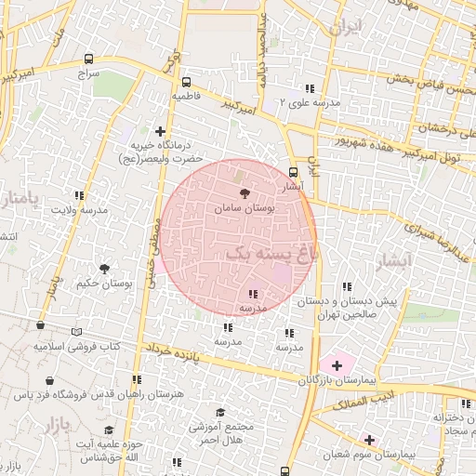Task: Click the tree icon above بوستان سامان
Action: (x=245, y=193)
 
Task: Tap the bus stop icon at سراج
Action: (x=88, y=58)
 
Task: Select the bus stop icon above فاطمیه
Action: (x=187, y=82)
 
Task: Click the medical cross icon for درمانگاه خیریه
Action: (x=161, y=131)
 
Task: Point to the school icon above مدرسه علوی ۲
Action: (x=309, y=89)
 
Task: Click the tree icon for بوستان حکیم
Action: (x=104, y=269)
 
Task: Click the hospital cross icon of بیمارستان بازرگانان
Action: (x=337, y=366)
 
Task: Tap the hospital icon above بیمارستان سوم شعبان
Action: (x=369, y=440)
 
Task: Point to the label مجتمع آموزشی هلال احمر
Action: (x=221, y=429)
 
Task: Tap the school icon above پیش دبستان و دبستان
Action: (x=347, y=287)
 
